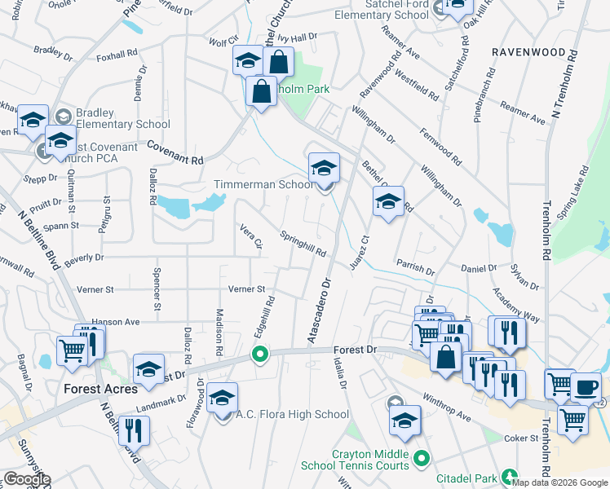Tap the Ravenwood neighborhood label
tap(528, 51)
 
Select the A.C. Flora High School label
tap(292, 414)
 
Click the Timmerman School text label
tap(263, 185)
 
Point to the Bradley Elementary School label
tap(123, 118)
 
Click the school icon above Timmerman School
tap(324, 169)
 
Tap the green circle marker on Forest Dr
tap(260, 355)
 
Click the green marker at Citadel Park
tap(509, 475)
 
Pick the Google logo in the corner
tap(27, 480)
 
